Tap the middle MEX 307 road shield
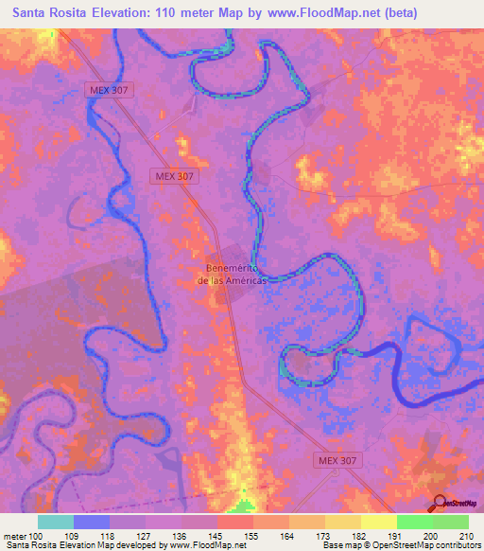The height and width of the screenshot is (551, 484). tap(174, 176)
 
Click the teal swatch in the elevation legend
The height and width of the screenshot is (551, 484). tap(56, 522)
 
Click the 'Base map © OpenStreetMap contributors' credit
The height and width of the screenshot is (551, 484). tap(400, 545)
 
